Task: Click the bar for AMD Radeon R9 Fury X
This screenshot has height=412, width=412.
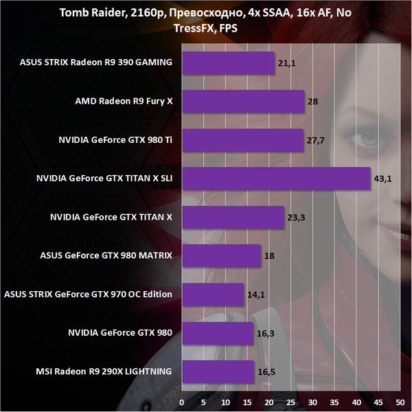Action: pos(243,102)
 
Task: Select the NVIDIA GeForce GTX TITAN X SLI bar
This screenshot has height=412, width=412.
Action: pos(276,179)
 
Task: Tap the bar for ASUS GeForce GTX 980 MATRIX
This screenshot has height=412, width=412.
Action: pos(221,256)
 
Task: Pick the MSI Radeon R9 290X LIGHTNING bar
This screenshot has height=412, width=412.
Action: pos(218,372)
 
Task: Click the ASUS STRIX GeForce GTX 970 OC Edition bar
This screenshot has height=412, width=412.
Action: pos(213,295)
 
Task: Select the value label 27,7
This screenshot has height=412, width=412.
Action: pos(315,140)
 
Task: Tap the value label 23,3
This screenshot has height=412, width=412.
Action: pos(297,218)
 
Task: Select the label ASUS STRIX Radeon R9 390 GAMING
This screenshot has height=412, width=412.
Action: pos(96,63)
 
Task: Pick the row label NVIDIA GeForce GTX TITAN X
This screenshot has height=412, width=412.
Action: pos(111,218)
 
